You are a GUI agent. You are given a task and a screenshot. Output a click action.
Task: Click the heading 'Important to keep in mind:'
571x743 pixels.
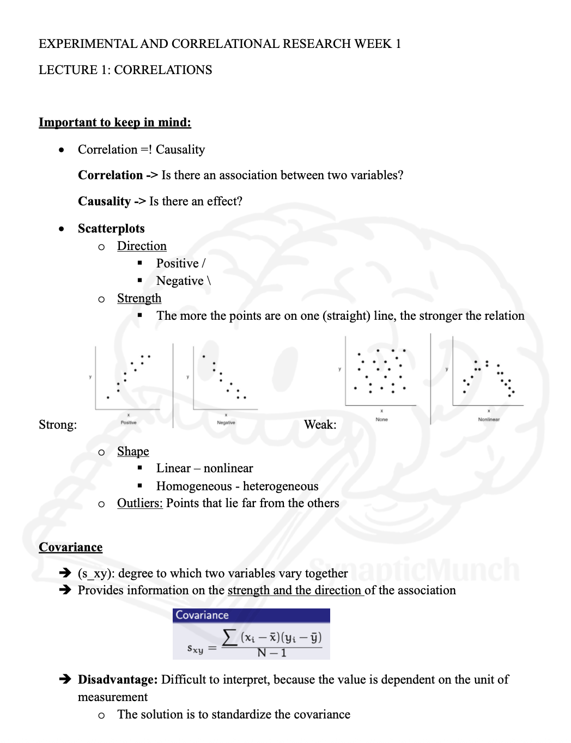click(114, 122)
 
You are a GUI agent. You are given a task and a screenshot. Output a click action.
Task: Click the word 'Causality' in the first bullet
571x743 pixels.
click(180, 150)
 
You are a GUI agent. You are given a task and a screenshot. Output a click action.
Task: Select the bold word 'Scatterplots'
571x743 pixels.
click(111, 228)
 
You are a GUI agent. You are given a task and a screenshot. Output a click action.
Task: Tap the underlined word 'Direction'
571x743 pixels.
click(142, 246)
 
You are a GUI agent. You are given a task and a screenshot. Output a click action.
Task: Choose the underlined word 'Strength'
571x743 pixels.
click(139, 299)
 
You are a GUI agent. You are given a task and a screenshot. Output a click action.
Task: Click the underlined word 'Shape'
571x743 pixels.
click(133, 452)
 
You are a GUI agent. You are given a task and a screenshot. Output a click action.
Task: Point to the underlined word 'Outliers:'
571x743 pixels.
click(139, 503)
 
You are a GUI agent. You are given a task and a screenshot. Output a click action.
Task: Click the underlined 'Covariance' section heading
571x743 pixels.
click(70, 547)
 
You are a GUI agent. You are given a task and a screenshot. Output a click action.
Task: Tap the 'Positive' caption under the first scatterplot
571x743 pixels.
click(129, 423)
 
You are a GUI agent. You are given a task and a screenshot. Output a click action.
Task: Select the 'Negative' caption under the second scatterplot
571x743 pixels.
click(226, 423)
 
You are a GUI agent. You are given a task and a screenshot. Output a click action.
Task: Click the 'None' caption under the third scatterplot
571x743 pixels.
click(381, 419)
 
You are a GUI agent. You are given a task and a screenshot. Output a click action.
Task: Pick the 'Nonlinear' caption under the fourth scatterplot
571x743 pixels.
click(489, 419)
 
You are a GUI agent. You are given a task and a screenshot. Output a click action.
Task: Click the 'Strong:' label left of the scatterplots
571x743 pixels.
click(58, 425)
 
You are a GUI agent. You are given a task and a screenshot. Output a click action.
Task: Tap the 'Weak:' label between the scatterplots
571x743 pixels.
click(320, 425)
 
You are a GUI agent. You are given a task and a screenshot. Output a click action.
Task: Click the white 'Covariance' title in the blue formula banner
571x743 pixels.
click(202, 616)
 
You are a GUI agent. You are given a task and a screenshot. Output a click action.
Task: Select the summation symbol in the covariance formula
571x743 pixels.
click(230, 637)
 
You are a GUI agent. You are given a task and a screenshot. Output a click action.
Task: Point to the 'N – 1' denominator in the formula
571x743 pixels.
click(272, 653)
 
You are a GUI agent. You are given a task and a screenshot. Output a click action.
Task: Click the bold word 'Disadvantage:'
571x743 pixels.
click(118, 680)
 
